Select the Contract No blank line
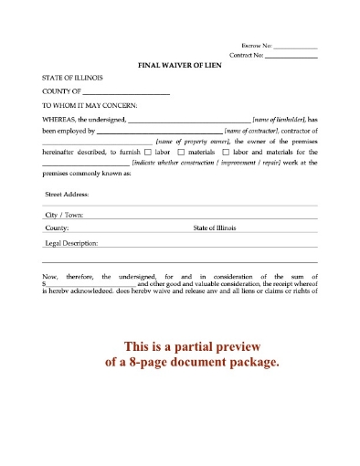coord(291,57)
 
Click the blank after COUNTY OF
coord(127,93)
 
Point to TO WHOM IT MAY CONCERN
coord(90,107)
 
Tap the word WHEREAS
coord(60,121)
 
